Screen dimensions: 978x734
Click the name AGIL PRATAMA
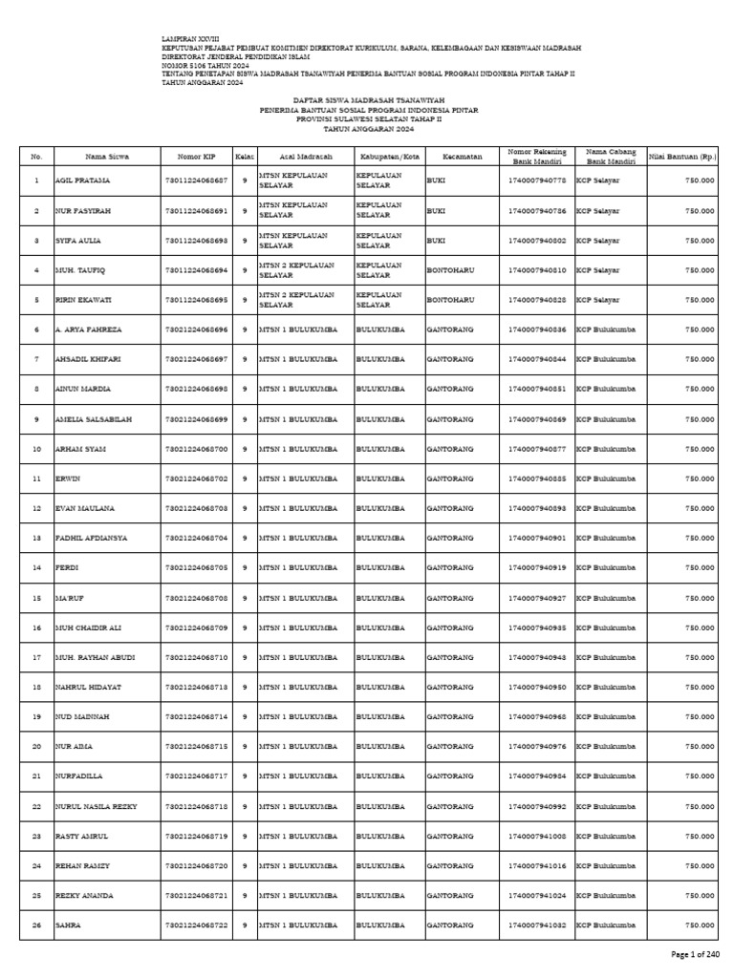coord(78,181)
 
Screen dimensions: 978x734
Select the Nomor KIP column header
coord(196,156)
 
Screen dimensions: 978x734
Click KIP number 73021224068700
coord(196,449)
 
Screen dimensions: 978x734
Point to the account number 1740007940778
coord(537,181)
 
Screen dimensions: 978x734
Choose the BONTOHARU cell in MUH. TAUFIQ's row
coord(450,270)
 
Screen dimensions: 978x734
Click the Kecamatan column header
coord(462,156)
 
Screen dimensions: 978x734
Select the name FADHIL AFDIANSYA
coord(92,539)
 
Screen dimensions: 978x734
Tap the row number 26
coord(36,925)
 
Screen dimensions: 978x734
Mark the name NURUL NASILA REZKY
coord(97,807)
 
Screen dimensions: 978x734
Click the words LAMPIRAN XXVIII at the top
coord(191,39)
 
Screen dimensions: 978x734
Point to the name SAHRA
coord(69,925)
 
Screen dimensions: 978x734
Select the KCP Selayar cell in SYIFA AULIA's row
coord(597,241)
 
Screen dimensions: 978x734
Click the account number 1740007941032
coord(537,925)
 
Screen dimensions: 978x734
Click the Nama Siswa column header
coord(107,156)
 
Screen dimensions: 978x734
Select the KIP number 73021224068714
coord(196,717)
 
